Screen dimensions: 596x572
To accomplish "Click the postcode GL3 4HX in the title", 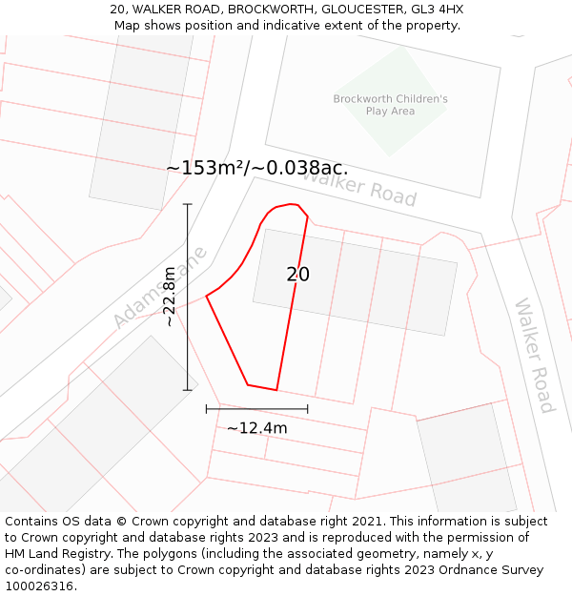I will [438, 10].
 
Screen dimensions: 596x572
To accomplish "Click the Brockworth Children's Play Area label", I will [390, 105].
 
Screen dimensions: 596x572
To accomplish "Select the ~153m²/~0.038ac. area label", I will [256, 168].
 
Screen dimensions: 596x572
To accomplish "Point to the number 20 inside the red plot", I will [297, 275].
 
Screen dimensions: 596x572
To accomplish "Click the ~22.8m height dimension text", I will [170, 297].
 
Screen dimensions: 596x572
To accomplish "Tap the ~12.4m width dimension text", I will [256, 428].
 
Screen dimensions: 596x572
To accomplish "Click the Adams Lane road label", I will [160, 287].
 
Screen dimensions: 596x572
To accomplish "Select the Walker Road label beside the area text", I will [359, 184].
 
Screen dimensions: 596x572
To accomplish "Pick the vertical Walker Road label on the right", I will [533, 356].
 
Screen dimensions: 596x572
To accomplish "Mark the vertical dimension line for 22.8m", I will [188, 297].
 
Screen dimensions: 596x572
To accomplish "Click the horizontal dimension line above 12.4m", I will [256, 409].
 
